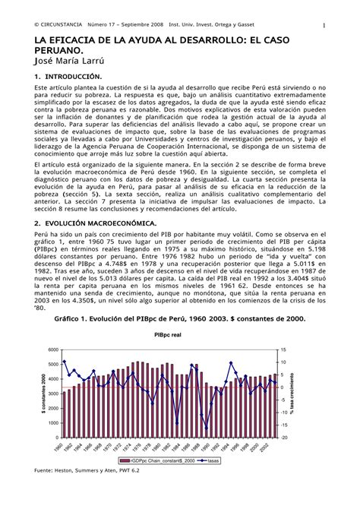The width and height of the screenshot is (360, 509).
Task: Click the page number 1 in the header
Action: click(324, 25)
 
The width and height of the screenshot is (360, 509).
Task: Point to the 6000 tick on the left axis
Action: click(52, 350)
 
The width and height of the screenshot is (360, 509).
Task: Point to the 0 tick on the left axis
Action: click(55, 438)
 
